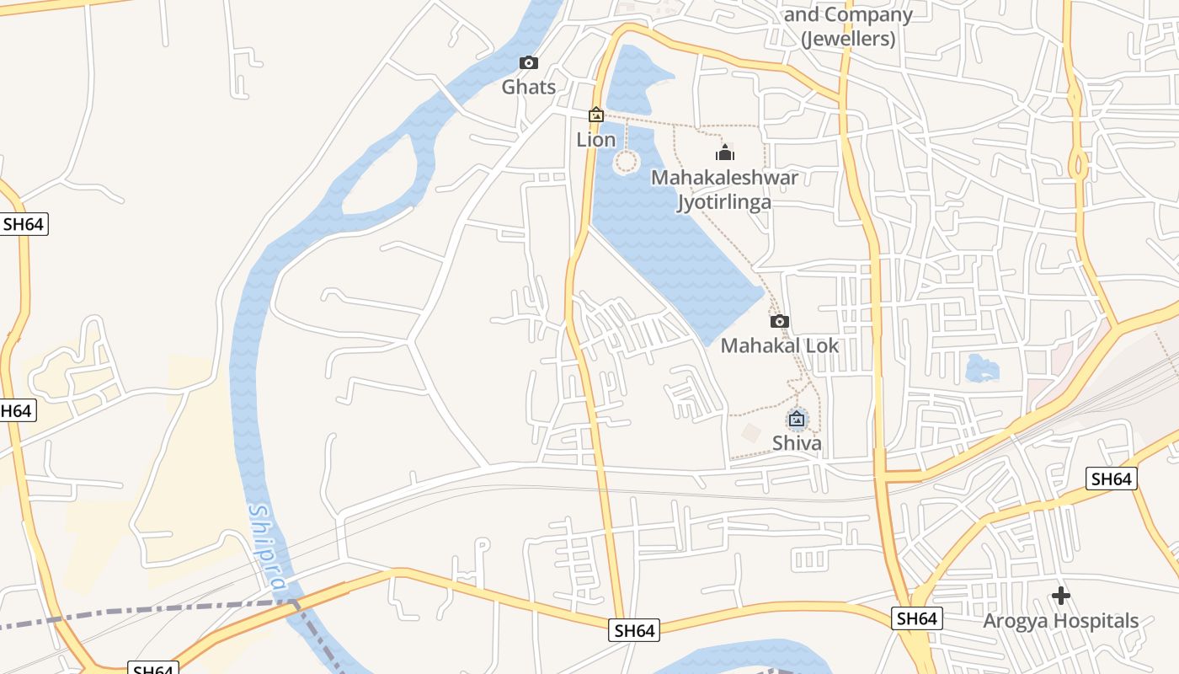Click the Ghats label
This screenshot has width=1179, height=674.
tap(529, 87)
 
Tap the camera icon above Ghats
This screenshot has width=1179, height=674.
tap(529, 63)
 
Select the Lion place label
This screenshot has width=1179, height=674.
tap(596, 140)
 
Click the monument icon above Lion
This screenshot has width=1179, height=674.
tap(596, 115)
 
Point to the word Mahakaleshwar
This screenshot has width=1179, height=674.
tap(724, 178)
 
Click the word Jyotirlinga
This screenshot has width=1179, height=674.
tap(724, 202)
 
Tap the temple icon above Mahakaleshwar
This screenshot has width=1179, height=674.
tap(724, 152)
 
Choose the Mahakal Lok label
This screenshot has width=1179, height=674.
tap(780, 345)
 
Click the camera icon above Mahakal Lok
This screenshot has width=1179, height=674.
tap(780, 321)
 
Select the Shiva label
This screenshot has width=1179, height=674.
tap(797, 443)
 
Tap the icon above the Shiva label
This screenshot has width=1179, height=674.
tap(797, 418)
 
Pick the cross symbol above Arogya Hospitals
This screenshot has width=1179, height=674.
tap(1061, 596)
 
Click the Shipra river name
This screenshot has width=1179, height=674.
tap(269, 548)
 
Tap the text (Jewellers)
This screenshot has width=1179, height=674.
tap(848, 39)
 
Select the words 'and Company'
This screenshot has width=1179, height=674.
tap(848, 14)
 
